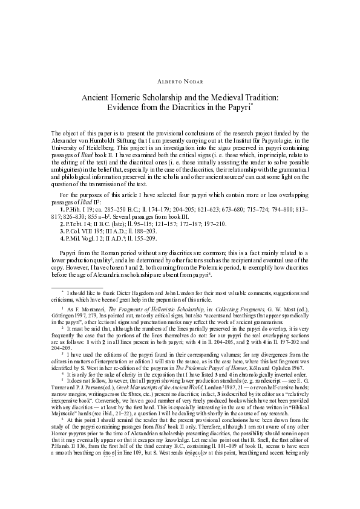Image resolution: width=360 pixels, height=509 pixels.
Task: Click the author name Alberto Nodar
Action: [180, 80]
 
